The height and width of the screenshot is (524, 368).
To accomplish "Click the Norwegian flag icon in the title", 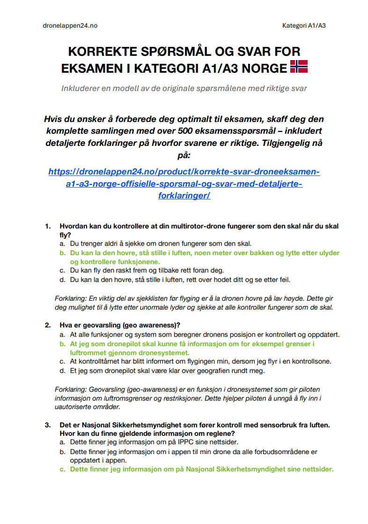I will coord(299,67).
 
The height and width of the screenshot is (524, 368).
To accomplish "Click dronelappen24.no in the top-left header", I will coord(70,25).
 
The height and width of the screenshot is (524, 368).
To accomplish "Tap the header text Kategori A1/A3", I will coord(304,25).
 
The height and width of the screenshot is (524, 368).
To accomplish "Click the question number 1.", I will coord(47,226).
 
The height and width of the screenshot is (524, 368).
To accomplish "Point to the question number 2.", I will coord(47,325).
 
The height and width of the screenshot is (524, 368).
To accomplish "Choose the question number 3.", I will coord(47,425).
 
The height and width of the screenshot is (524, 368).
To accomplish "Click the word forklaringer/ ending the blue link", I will coord(184,195).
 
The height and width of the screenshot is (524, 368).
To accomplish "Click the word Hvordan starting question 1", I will coord(74,226).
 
